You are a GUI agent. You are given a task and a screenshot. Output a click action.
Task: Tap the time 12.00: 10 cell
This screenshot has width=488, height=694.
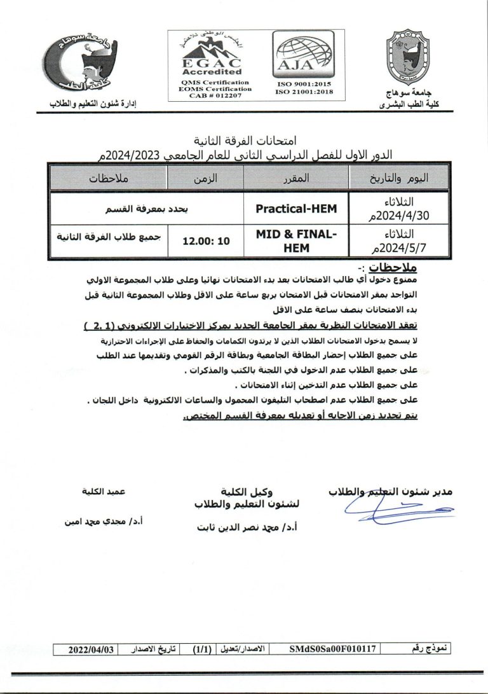(207, 241)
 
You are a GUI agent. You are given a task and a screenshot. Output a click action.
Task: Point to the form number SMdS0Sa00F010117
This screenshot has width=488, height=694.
(333, 649)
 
